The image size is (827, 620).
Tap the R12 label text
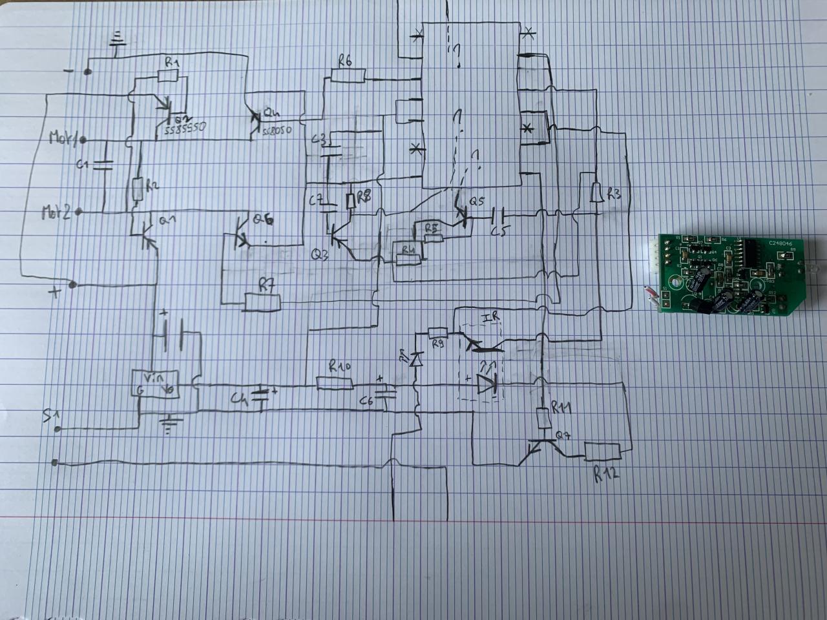[x=607, y=473]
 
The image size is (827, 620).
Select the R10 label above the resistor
[x=339, y=368]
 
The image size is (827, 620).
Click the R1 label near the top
[x=172, y=63]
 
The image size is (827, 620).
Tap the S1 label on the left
[x=51, y=413]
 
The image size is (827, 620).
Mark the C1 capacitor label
[x=82, y=165]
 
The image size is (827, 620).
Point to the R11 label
[x=561, y=406]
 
